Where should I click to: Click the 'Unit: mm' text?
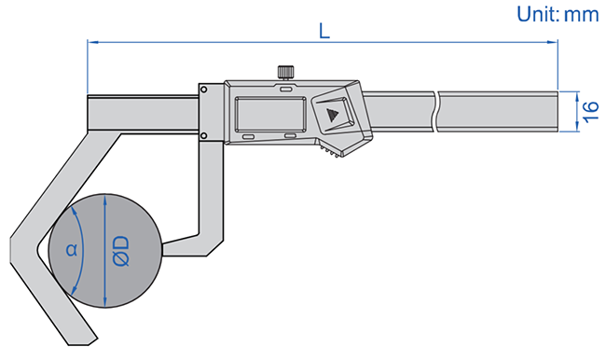coord(558,14)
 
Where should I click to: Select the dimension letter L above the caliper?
coord(324,31)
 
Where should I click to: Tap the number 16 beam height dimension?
coord(590,112)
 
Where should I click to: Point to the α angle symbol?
coord(72,250)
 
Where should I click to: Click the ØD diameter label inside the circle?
coord(121,251)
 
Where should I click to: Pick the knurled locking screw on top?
coord(285,73)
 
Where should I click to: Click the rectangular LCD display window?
coord(270,114)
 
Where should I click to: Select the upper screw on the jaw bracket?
coord(203,90)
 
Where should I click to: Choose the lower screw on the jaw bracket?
coord(203,135)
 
